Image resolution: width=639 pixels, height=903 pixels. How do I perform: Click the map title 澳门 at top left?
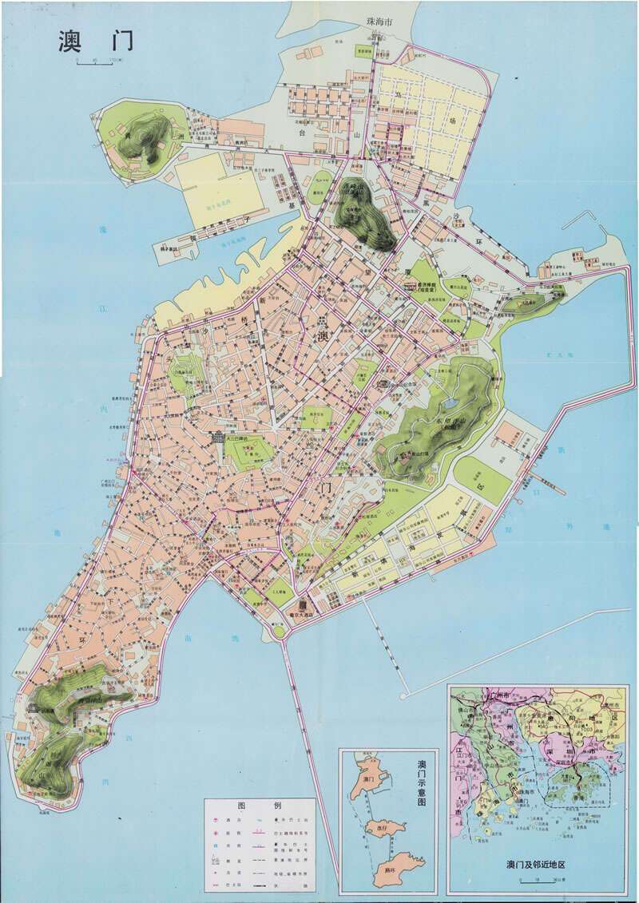click(94, 42)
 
